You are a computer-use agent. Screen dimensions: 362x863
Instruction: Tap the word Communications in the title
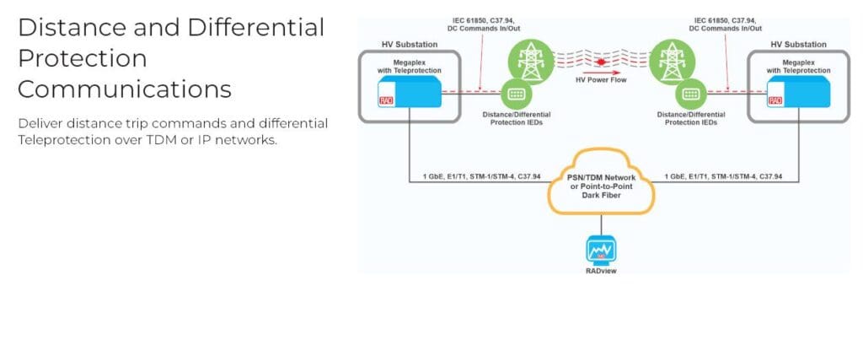(x=125, y=89)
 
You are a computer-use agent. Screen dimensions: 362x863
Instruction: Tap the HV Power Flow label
(x=601, y=81)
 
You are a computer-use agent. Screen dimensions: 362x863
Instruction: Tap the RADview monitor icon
(x=601, y=251)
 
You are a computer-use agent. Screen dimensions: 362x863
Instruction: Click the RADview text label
(x=601, y=271)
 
